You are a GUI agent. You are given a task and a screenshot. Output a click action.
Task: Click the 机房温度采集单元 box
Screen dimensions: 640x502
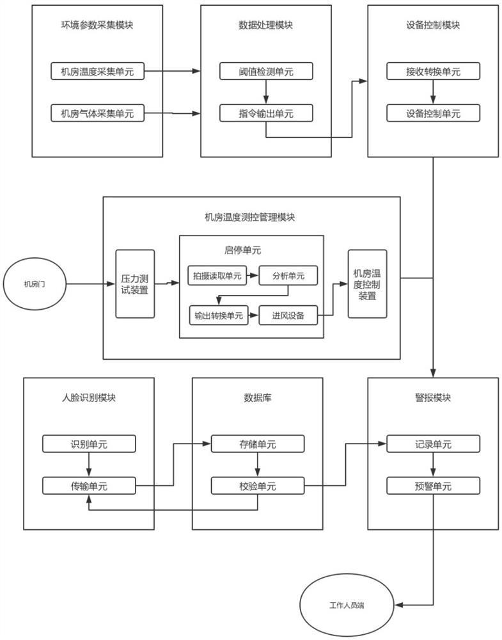tap(97, 72)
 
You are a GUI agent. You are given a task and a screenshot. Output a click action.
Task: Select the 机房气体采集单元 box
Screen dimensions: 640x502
tap(97, 115)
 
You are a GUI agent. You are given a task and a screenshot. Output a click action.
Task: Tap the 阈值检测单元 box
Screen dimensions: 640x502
tap(266, 72)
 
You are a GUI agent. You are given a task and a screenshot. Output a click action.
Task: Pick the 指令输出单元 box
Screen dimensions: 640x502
tap(266, 115)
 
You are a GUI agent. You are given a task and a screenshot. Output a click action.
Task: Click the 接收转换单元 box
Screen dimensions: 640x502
tap(433, 72)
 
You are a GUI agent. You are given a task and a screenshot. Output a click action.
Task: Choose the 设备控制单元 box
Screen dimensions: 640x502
tap(433, 115)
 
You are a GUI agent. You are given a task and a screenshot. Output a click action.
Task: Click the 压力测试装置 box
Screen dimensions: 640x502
tap(135, 284)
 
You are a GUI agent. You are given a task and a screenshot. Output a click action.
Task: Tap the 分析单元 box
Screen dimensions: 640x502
tap(288, 276)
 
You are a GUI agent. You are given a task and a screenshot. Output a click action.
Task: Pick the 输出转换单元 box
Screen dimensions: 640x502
tap(219, 316)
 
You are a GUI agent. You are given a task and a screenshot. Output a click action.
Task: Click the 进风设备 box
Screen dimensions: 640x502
tap(288, 316)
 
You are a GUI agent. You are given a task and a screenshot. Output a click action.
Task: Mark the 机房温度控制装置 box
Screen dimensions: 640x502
tap(367, 284)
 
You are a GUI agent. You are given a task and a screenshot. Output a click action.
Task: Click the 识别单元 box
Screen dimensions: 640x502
tap(89, 444)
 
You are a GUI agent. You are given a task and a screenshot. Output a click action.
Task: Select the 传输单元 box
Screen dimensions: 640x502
tap(89, 486)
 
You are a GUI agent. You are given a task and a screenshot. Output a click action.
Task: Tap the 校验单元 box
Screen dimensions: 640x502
tap(258, 486)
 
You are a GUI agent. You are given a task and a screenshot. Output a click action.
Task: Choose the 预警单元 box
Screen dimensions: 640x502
tap(433, 486)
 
